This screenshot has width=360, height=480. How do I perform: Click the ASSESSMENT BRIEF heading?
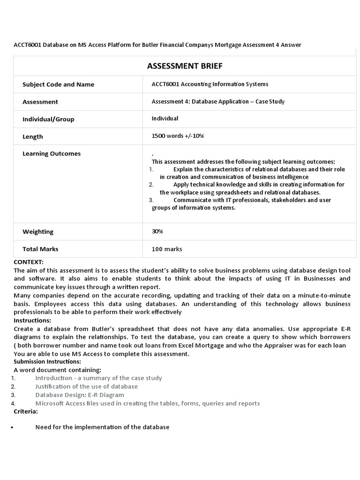185,66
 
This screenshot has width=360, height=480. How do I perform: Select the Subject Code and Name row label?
58,84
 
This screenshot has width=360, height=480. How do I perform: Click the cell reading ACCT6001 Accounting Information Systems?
210,84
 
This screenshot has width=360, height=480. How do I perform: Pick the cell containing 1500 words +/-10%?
178,136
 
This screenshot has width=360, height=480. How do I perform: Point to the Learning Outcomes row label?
52,154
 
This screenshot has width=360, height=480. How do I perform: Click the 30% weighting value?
157,231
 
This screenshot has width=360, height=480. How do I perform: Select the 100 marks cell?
167,249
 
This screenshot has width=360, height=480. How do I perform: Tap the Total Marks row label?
40,249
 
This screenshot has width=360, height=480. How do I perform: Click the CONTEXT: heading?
29,262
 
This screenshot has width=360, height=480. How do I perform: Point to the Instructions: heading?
32,320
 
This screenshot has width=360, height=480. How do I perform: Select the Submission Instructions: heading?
47,361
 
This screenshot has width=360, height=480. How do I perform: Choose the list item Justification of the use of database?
87,386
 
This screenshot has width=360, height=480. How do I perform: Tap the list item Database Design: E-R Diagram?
80,395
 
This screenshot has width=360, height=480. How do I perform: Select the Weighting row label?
38,232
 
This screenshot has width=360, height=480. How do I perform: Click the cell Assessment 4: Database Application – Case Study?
218,101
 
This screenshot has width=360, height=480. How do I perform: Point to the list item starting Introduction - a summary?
98,378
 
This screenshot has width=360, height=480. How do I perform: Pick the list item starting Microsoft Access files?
147,403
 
